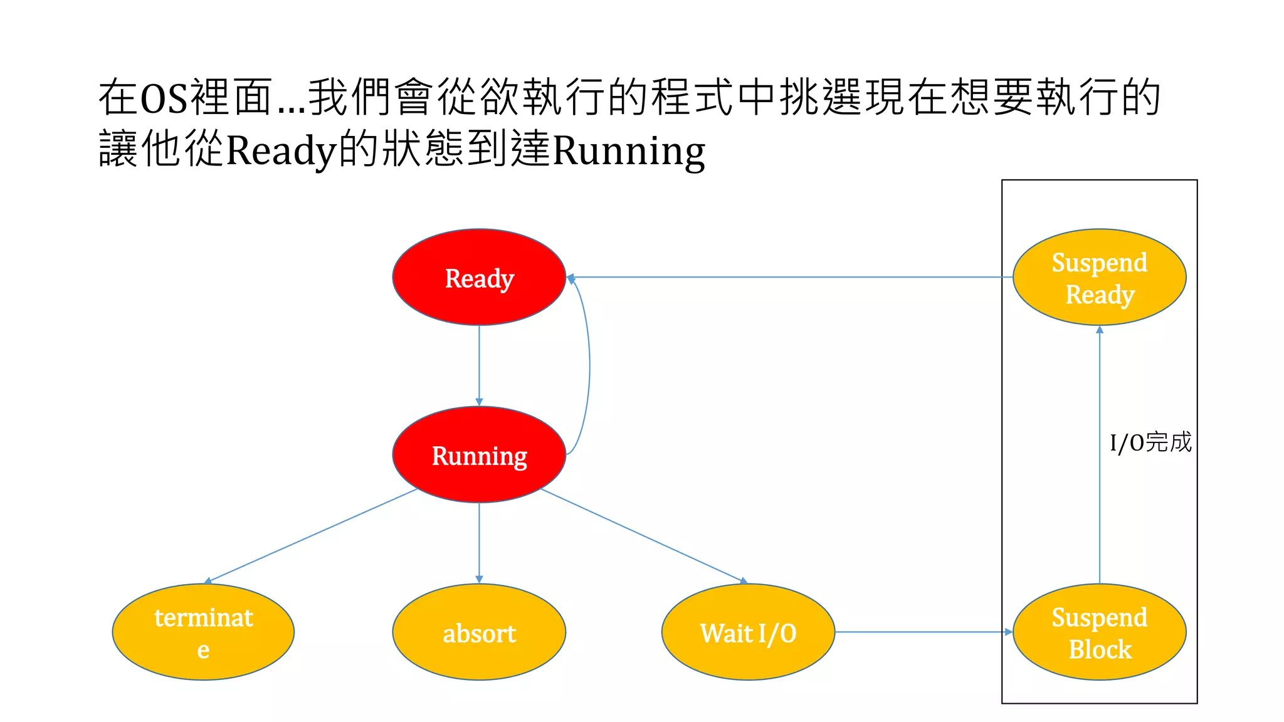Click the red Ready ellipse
[479, 277]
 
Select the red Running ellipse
[479, 454]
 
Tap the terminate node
[203, 632]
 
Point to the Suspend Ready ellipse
[1100, 277]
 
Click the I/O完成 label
[1150, 442]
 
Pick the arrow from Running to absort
[479, 543]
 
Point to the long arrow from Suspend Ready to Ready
[790, 277]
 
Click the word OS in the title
[164, 99]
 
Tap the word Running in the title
[629, 151]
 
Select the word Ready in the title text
[281, 151]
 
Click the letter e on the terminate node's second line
[203, 650]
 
